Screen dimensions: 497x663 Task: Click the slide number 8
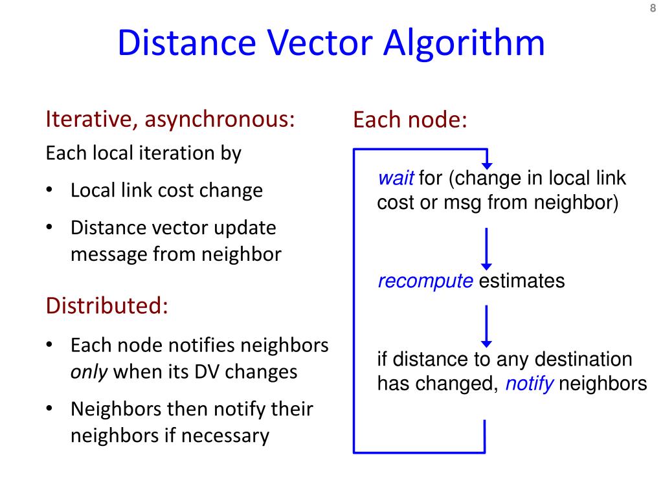(653, 8)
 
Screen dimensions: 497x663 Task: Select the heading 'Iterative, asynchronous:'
(170, 120)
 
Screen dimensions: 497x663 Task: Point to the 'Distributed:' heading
(107, 305)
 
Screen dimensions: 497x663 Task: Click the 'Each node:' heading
(410, 120)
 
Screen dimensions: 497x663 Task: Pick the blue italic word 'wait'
(396, 179)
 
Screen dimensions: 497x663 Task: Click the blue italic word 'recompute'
(425, 282)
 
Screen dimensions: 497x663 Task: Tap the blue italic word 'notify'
(529, 384)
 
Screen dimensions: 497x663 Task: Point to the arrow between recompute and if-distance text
(486, 326)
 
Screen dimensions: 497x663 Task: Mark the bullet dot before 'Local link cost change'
(50, 191)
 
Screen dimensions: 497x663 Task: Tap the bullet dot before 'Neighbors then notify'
(50, 410)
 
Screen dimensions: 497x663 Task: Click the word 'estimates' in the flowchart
(522, 282)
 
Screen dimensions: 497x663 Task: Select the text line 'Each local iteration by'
(143, 154)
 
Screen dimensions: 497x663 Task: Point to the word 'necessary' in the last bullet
(225, 436)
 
